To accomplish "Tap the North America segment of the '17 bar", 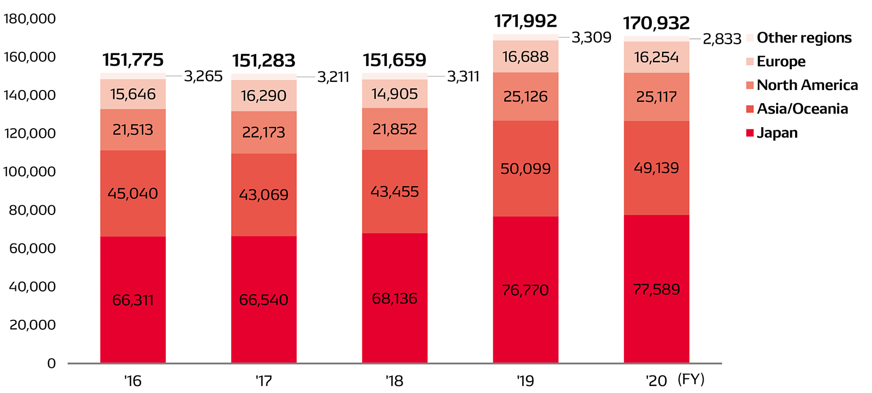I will coord(264,133).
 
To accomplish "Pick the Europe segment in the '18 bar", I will coord(395,94).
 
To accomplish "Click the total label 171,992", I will coord(525,21).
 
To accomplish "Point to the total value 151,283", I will coord(264,61).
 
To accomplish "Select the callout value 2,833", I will coord(722,39).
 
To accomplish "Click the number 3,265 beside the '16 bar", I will coord(203,76).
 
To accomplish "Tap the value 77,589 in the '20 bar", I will coord(656,289).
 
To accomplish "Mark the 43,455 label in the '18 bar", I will coord(395,192).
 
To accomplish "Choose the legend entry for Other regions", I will coord(804,38).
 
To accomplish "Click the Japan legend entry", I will coord(777,133).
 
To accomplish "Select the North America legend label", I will coord(807,85).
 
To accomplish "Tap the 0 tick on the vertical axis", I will coord(51,364).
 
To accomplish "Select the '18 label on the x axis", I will coord(394,380).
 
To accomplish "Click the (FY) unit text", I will coord(691,379).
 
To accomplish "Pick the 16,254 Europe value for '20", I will coord(656,57).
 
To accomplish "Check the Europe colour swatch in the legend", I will coord(750,62).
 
